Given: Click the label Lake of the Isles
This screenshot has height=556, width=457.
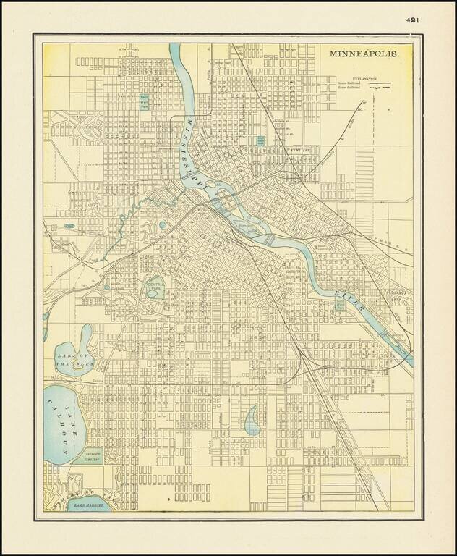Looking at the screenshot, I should (x=74, y=361).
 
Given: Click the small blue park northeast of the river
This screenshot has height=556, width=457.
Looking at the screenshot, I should (x=260, y=140).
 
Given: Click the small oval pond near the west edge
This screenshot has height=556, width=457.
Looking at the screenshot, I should (x=69, y=226).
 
